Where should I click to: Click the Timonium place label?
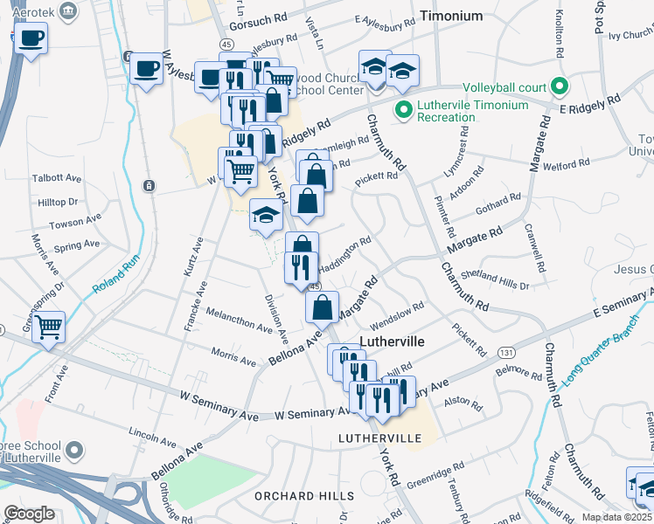click(450, 16)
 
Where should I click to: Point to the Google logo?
click(29, 514)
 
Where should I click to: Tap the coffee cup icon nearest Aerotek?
click(31, 39)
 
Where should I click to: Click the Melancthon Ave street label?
click(240, 320)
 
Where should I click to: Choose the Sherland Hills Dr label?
click(495, 279)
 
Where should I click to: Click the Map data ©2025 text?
click(616, 517)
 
